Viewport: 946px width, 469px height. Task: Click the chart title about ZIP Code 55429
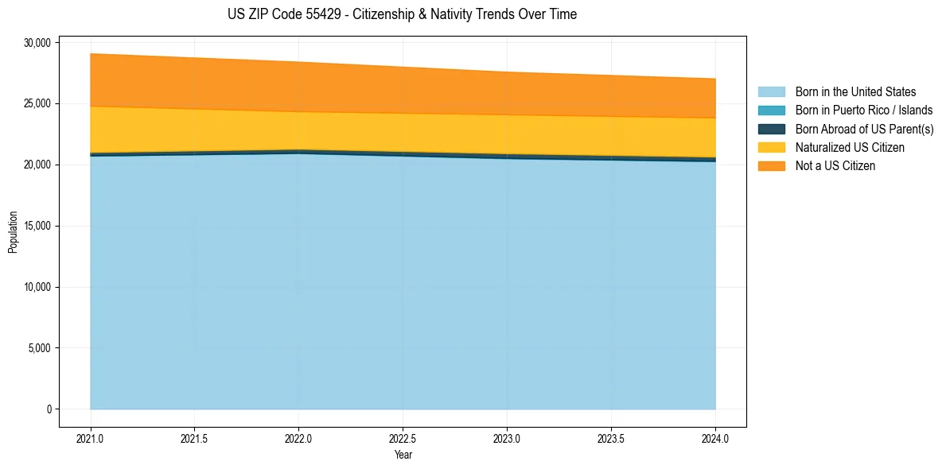402,14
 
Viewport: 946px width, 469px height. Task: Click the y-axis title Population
13,232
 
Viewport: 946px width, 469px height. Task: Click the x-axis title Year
403,455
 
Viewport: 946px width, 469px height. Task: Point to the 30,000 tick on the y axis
37,43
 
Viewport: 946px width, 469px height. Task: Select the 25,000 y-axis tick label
37,104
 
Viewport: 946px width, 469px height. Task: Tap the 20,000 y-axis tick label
37,165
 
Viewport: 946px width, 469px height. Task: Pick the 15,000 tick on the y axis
37,227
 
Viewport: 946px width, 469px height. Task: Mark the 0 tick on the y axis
49,409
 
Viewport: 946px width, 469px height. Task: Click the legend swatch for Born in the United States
771,92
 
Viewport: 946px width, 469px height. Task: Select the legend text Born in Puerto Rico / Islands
864,110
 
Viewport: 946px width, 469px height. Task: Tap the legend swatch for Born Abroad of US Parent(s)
771,129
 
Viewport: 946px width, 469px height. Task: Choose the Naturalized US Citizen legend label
850,148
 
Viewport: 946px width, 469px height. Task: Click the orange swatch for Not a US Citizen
771,166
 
